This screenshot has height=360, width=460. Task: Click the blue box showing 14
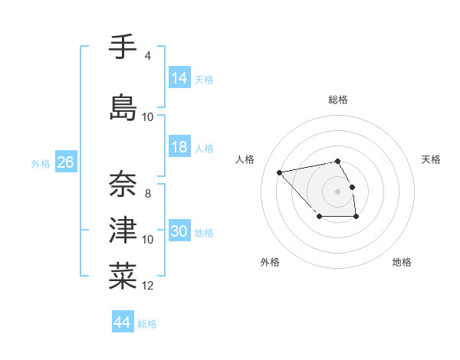[x=179, y=78]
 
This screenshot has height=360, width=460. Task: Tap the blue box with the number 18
[x=179, y=147]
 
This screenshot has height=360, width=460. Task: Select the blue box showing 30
[x=179, y=231]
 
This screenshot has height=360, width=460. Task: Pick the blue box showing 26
[x=65, y=162]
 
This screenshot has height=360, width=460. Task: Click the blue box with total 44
[x=122, y=322]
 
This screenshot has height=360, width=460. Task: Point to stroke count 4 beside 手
[x=148, y=56]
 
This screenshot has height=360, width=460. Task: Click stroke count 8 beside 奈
[x=148, y=193]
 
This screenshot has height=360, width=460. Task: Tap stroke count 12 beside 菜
[x=148, y=286]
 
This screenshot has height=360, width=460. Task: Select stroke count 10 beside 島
[x=148, y=117]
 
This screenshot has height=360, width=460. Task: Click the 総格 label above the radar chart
[x=338, y=100]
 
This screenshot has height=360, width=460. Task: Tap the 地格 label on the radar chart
[x=402, y=263]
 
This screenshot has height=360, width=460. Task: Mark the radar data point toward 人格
[x=280, y=172]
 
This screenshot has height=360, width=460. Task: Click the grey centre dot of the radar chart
[x=338, y=191]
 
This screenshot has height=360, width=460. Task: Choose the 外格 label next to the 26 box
[x=41, y=163]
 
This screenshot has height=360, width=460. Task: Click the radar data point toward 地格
[x=356, y=218]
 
